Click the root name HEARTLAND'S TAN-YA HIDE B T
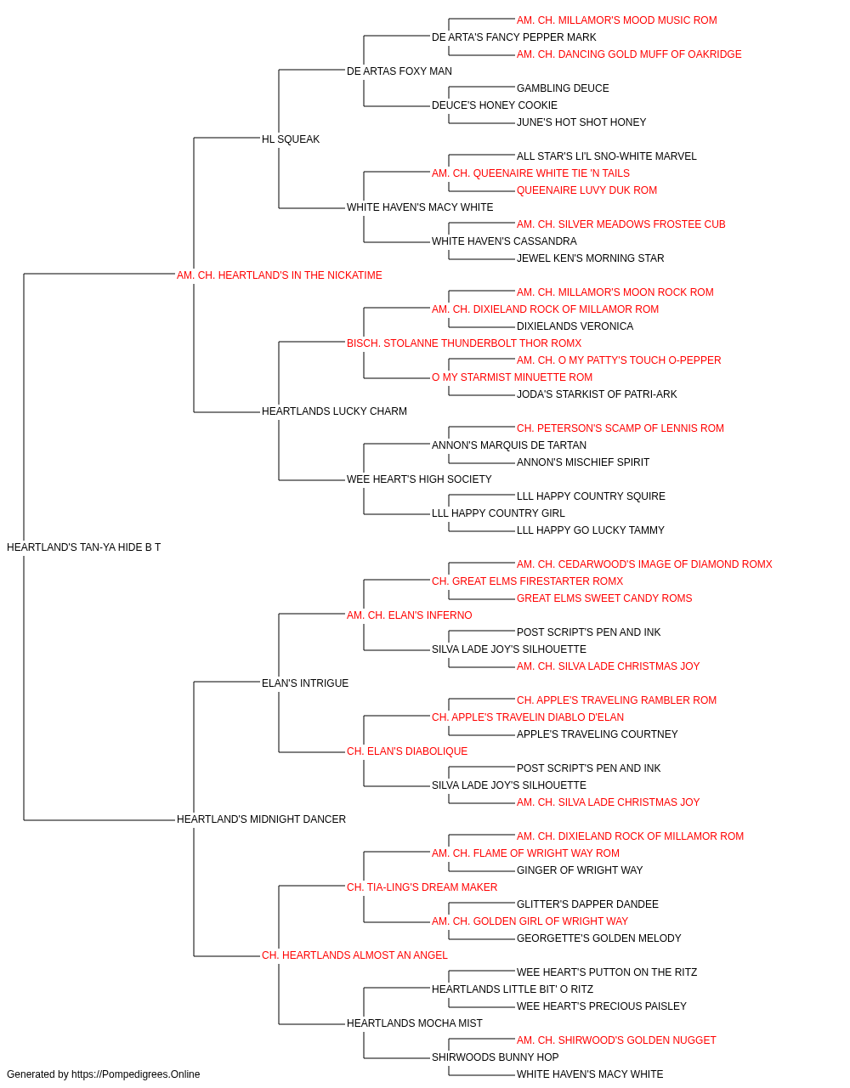83,547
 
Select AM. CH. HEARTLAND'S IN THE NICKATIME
280,275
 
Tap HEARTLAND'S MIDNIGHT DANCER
261,819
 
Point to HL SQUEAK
291,139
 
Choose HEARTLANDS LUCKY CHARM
334,411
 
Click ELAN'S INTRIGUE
305,683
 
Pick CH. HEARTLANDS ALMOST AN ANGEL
354,955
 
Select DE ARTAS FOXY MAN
399,71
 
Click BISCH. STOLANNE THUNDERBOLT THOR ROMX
464,343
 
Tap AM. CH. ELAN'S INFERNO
410,615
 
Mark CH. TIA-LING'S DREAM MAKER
422,887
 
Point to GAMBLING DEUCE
563,88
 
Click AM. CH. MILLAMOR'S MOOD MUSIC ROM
617,20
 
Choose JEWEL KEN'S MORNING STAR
590,258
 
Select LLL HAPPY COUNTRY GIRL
498,513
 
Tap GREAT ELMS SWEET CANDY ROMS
604,598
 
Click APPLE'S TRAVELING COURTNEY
598,734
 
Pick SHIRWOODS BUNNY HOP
495,1057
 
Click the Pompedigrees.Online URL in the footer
136,1074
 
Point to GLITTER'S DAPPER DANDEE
587,904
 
